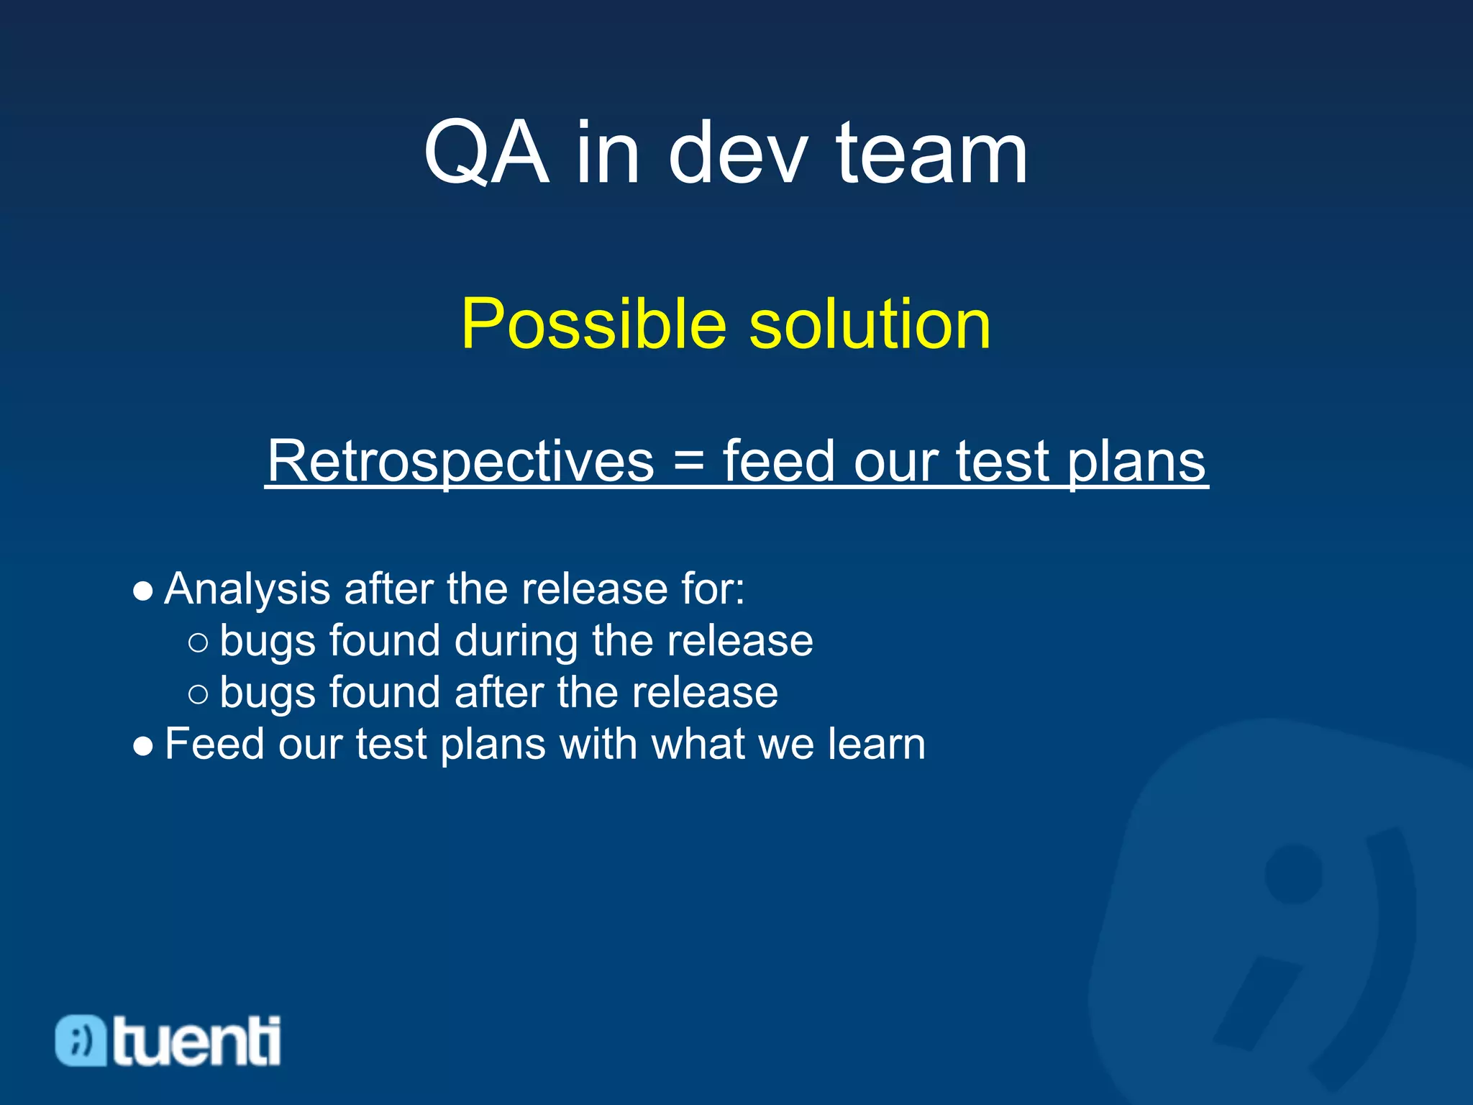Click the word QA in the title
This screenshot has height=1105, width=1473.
[486, 153]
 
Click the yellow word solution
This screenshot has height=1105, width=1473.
[870, 324]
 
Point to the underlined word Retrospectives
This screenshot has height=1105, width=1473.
[460, 461]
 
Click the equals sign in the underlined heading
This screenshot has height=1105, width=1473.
[688, 463]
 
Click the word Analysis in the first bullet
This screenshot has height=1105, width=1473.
[247, 589]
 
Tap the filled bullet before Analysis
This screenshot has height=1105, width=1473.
[143, 592]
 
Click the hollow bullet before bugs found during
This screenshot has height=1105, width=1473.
[198, 642]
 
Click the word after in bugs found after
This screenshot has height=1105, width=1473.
[498, 692]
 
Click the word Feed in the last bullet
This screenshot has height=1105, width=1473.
[214, 744]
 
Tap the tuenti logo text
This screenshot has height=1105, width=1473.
[196, 1041]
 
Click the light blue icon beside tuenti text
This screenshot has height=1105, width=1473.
[81, 1041]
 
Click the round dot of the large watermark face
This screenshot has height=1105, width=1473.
[1293, 874]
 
